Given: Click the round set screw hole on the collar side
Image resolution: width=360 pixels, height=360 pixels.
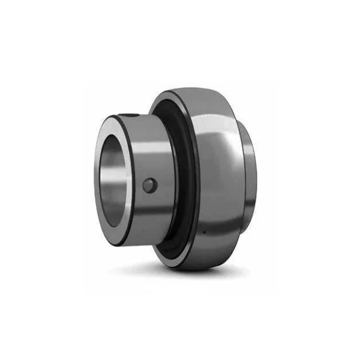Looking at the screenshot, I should (x=149, y=187).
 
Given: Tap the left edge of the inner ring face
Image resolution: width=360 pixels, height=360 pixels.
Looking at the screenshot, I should (x=95, y=180).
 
